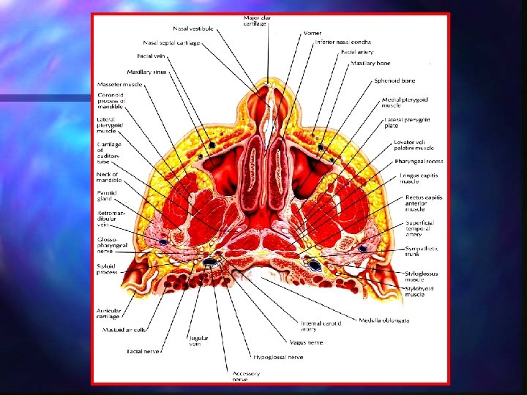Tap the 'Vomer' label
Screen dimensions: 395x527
313,34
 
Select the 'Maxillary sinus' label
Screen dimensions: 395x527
147,72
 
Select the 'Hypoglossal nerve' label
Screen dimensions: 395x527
278,358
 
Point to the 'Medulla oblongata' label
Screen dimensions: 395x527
384,320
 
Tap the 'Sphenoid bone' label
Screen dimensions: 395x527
395,80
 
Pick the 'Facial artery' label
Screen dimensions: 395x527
357,52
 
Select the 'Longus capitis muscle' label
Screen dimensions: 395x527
420,178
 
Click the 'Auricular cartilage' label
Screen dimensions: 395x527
110,312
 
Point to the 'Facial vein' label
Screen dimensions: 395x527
155,56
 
